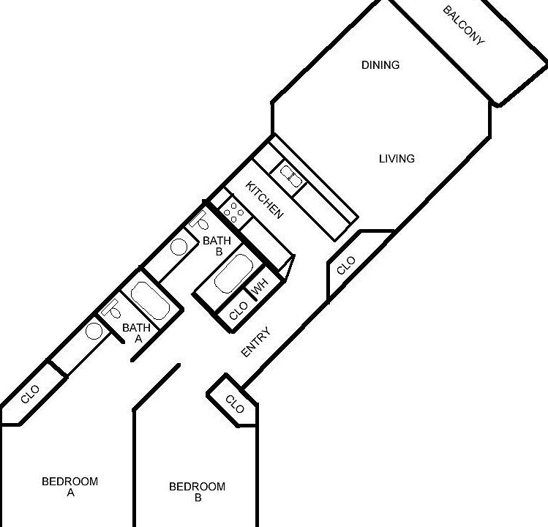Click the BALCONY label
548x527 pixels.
(464, 26)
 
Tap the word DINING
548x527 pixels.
(380, 65)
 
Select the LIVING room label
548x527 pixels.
(397, 159)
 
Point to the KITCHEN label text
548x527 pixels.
(264, 199)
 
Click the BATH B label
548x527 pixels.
(217, 245)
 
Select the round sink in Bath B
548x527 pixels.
(179, 247)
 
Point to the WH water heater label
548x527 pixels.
(260, 286)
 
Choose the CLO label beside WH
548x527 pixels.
(239, 312)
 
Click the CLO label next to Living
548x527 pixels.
(346, 266)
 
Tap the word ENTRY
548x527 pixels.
(256, 343)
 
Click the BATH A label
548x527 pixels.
(136, 333)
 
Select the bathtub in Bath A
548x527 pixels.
(151, 301)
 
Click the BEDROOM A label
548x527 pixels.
(70, 487)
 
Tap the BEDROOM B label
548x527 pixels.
(197, 492)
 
